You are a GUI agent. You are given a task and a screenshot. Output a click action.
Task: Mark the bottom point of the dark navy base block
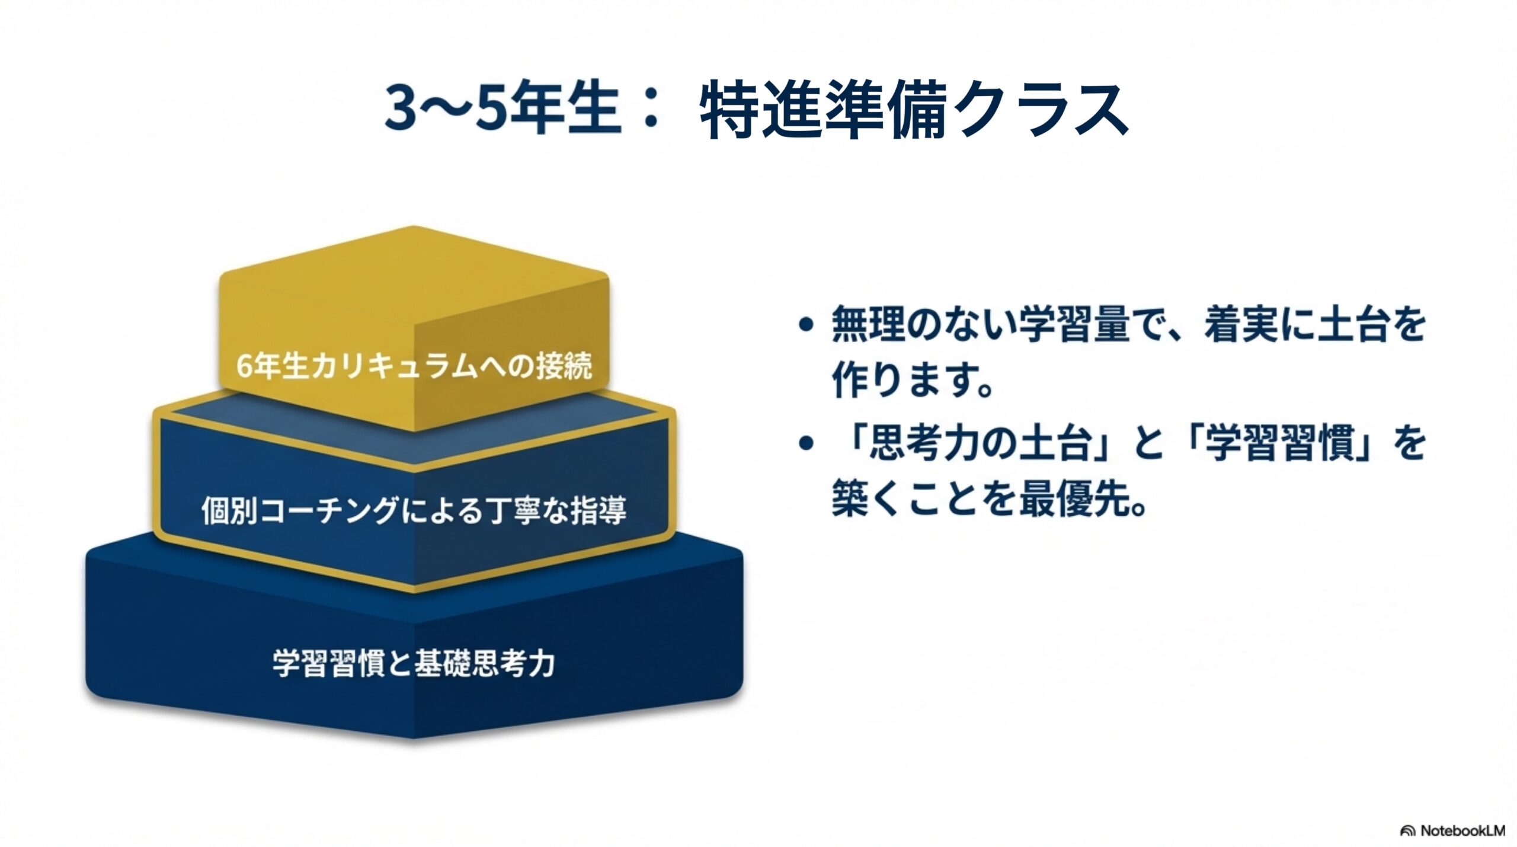pyautogui.click(x=413, y=738)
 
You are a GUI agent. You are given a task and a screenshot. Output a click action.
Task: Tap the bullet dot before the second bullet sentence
pyautogui.click(x=804, y=444)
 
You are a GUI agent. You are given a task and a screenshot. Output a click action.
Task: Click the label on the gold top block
pyautogui.click(x=414, y=366)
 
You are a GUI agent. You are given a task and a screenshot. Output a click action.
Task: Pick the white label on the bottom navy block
pyautogui.click(x=414, y=663)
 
